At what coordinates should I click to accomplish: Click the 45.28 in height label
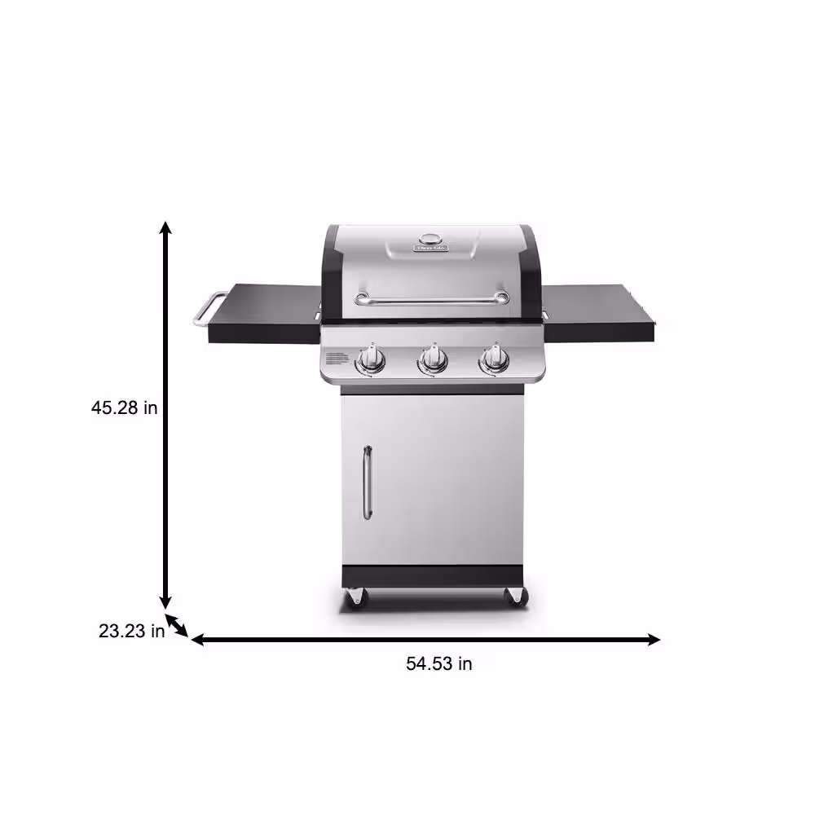tap(124, 407)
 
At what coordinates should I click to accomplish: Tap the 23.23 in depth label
tap(131, 630)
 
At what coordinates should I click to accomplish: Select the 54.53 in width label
tap(439, 663)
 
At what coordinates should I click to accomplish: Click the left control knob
tap(372, 359)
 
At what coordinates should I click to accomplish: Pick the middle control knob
tap(433, 359)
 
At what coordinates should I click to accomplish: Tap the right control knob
tap(492, 359)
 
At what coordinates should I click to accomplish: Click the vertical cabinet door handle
tap(368, 482)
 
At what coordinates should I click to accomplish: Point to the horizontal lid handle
tap(432, 299)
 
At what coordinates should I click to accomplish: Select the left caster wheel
tap(355, 597)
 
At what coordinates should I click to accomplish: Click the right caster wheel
tap(515, 597)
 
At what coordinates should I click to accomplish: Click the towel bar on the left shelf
tap(206, 311)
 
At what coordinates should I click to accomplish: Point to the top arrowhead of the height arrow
tap(165, 229)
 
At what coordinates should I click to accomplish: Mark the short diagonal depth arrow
tap(178, 628)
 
